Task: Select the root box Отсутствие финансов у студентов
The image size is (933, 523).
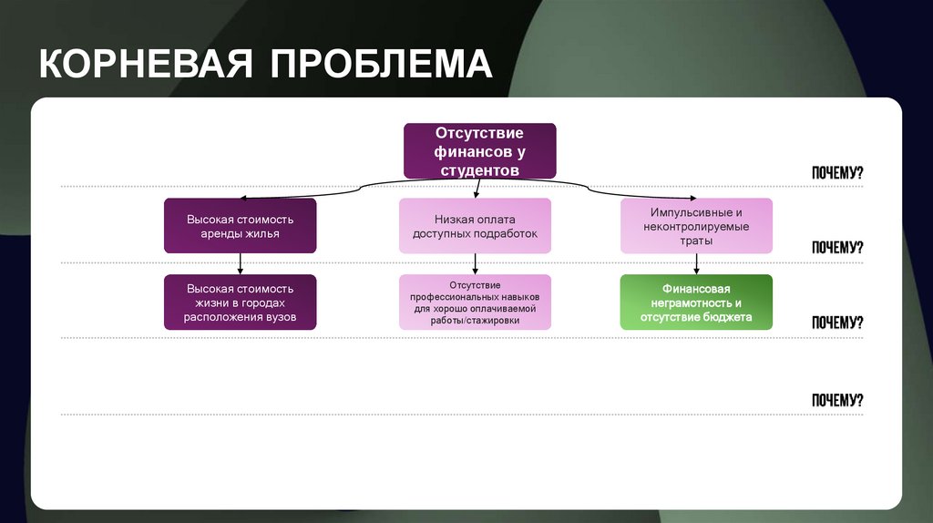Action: [479, 151]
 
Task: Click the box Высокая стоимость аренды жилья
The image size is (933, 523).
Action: [241, 226]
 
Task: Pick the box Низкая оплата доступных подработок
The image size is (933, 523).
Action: [475, 226]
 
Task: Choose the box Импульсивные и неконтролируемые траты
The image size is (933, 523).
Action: [696, 226]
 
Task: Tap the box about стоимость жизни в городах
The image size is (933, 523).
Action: [241, 302]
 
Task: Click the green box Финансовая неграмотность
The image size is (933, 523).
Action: [696, 303]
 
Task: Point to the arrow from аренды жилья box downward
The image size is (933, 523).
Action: [241, 263]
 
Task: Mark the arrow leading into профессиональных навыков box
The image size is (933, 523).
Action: [476, 263]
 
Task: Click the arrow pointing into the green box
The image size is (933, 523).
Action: [697, 263]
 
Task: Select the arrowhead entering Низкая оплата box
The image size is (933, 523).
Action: [476, 194]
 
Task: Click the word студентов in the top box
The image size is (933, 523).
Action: [479, 169]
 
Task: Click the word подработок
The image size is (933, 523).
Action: [506, 233]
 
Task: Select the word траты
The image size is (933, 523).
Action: [696, 241]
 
